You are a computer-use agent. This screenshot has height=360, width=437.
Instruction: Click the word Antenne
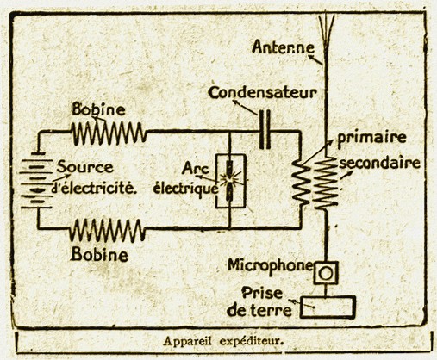coord(283,47)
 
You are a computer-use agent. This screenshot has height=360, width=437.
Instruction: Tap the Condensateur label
coord(262,93)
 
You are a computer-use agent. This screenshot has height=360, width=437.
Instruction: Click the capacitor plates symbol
coord(265,130)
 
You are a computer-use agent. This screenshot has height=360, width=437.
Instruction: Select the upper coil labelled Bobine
coord(109,133)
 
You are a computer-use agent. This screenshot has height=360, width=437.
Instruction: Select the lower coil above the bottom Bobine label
coord(107,230)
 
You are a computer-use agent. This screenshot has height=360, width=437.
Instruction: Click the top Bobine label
coord(98,109)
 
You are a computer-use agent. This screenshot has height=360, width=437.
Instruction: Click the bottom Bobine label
coord(99,254)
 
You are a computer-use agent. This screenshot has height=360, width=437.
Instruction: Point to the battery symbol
coord(36,180)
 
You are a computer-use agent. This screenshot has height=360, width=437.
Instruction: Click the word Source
coord(84,167)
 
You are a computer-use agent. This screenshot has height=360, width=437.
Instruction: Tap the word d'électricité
coord(94,188)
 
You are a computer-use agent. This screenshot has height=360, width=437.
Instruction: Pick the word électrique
coord(185,189)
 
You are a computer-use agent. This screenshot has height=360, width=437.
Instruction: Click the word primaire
coord(371,138)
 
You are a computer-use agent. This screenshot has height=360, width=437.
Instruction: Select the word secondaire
coord(380,163)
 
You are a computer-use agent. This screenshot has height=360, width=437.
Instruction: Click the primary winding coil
coord(301,183)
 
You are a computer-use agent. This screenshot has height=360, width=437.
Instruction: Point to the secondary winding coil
coord(325,183)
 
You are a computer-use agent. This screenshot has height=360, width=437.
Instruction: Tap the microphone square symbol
coord(326,273)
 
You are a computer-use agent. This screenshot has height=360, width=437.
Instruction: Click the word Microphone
coord(270,266)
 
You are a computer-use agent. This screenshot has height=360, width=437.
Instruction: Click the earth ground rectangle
coord(328,307)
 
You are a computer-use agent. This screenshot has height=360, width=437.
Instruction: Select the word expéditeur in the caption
coord(252,342)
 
